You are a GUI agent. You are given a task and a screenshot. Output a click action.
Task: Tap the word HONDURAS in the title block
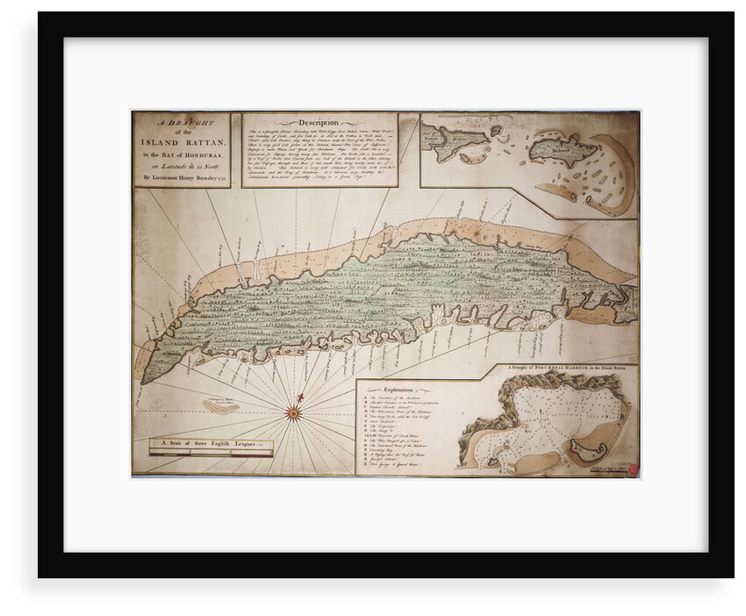[197, 156]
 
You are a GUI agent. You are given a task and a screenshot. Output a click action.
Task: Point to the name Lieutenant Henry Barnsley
[180, 176]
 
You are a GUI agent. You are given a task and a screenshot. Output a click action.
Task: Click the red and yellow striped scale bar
[211, 453]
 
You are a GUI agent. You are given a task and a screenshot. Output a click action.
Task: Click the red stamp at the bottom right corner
[633, 469]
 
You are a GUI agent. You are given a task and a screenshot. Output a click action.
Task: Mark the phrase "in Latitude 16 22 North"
[180, 165]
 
